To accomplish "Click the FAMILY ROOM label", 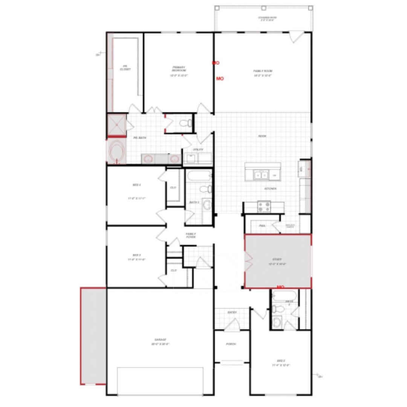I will (x=263, y=71).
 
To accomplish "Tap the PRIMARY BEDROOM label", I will (x=179, y=69).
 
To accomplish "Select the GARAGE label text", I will (x=160, y=340).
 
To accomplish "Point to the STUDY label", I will (x=277, y=259).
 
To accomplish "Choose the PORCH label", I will (x=231, y=344).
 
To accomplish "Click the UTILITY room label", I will (x=198, y=150).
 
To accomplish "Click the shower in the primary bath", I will (x=116, y=124).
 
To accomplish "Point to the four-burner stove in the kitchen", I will (x=264, y=207).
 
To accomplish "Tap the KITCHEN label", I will (x=270, y=188).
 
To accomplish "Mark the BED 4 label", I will (x=136, y=185).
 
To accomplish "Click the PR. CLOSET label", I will (x=125, y=67).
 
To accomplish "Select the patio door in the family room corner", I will (x=297, y=37).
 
